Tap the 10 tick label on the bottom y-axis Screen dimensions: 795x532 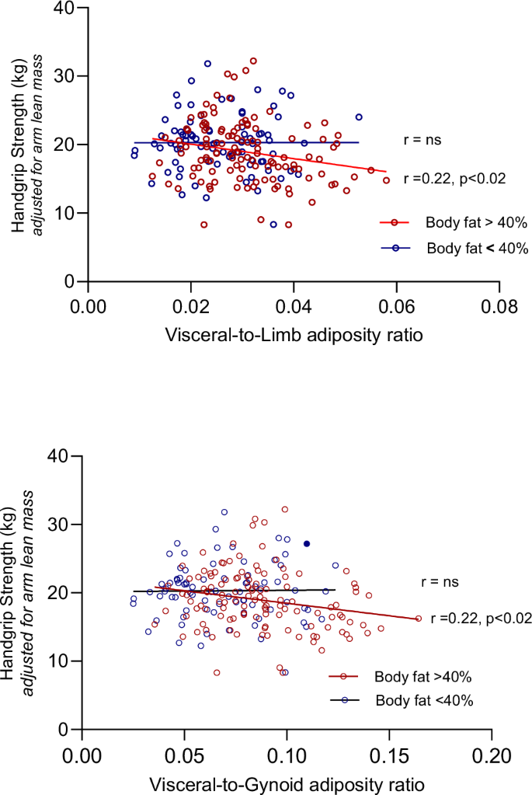pos(64,661)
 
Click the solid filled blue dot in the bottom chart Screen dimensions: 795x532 pos(307,543)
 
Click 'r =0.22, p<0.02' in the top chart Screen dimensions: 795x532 pos(455,179)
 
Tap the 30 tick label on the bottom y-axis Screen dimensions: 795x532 pos(64,525)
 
